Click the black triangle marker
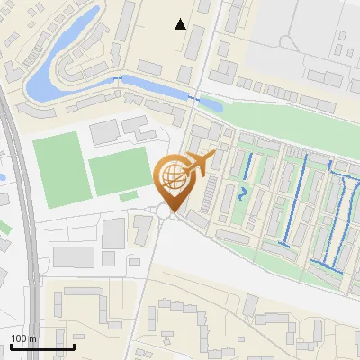pyautogui.click(x=181, y=24)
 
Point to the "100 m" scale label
pyautogui.click(x=23, y=338)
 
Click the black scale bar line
pyautogui.click(x=42, y=346)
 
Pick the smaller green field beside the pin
pyautogui.click(x=120, y=171)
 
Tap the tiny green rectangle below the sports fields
pyautogui.click(x=129, y=195)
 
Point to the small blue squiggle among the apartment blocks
pyautogui.click(x=242, y=192)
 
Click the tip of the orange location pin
pyautogui.click(x=171, y=211)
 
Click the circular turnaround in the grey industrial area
pyautogui.click(x=288, y=41)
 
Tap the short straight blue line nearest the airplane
pyautogui.click(x=247, y=166)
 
